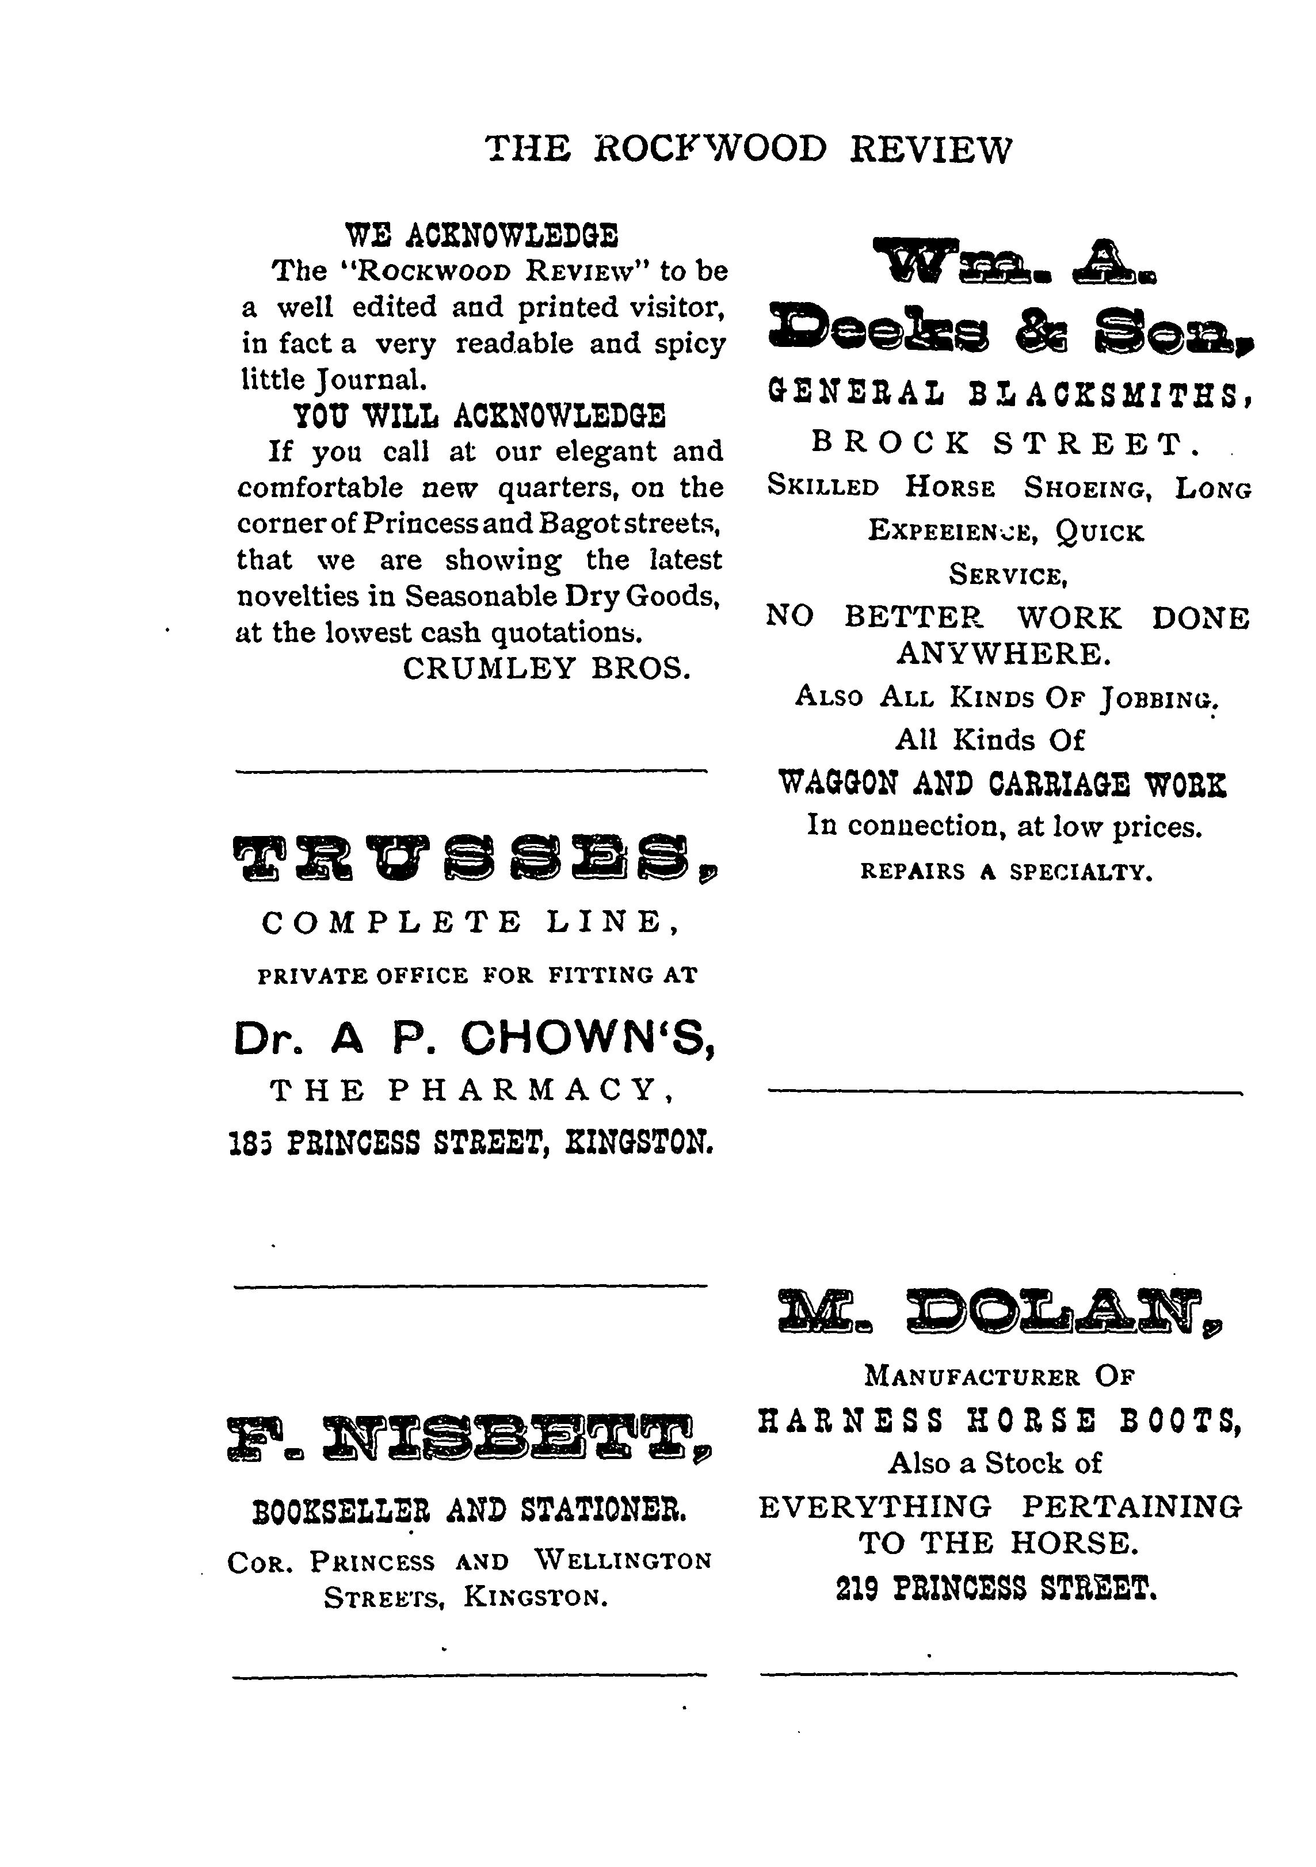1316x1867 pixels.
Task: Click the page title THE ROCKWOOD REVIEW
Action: (x=748, y=150)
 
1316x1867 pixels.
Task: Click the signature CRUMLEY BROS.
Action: (x=547, y=669)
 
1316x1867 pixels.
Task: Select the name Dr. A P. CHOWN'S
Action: (x=474, y=1039)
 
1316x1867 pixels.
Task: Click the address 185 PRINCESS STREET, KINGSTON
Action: (x=472, y=1144)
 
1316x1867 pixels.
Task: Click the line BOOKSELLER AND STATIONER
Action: (x=470, y=1511)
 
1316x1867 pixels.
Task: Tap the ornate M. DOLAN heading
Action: (x=1000, y=1311)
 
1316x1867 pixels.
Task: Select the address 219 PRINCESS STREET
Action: (x=997, y=1587)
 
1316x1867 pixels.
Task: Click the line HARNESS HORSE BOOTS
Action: (x=1000, y=1421)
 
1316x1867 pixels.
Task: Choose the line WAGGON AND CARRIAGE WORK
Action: (x=1002, y=783)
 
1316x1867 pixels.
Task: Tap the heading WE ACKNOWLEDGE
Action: (x=482, y=236)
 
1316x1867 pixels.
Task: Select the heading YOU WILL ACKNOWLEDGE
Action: (x=479, y=417)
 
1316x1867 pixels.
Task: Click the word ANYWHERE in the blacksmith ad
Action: (x=1004, y=654)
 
